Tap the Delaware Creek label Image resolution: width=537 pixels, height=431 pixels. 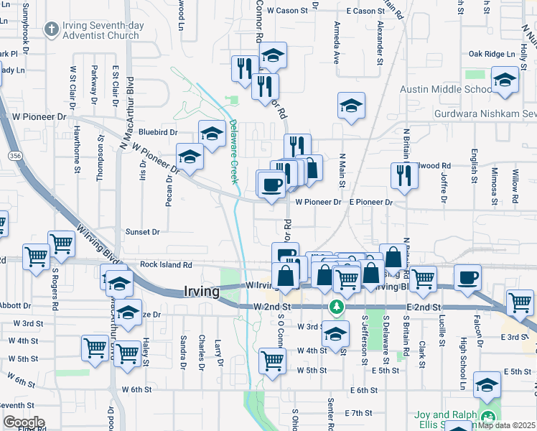pos(233,152)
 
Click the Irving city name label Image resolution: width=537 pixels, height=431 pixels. pos(201,292)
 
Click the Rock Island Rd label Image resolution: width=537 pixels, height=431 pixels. pos(166,264)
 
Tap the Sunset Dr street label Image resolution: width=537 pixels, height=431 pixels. pos(142,232)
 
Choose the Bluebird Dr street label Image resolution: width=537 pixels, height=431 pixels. pos(158,132)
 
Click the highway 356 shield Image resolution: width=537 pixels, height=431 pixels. pos(14,155)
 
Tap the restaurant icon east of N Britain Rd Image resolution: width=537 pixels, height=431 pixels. pos(404,175)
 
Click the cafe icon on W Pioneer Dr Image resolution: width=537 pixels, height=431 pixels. pos(271,185)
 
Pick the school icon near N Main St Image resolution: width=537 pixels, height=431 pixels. pos(350,106)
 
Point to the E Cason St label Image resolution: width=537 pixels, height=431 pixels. pos(365,11)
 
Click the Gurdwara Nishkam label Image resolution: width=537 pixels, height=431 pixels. pos(485,113)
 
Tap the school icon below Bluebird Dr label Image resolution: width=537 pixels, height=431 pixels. pos(190,158)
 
